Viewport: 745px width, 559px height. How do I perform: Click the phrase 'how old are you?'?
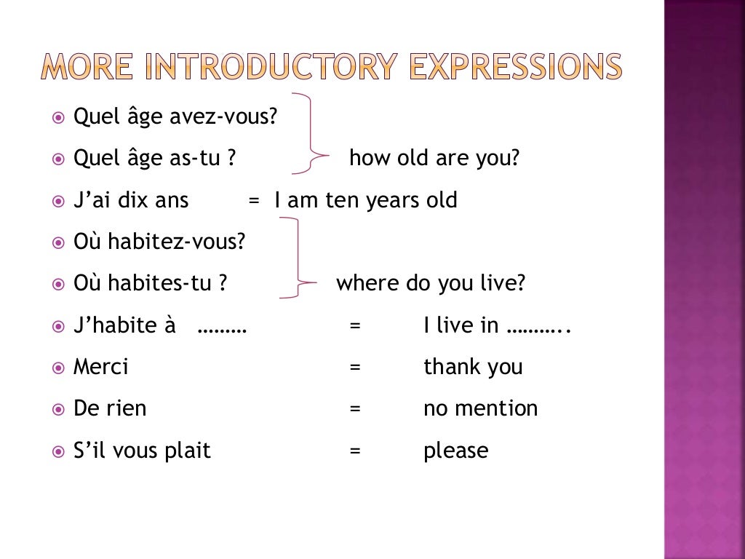click(434, 158)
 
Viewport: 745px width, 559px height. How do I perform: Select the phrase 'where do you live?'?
click(430, 283)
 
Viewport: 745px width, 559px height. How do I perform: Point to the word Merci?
click(100, 367)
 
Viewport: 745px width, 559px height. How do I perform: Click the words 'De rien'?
click(110, 408)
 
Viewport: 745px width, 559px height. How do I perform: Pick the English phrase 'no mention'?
click(480, 408)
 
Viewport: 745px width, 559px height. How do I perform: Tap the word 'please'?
click(455, 451)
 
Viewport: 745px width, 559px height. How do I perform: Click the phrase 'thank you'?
click(473, 367)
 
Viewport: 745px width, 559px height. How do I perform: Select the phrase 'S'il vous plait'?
click(142, 451)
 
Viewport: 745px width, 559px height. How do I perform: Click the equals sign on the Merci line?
click(355, 368)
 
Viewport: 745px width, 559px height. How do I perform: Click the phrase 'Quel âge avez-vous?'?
click(175, 116)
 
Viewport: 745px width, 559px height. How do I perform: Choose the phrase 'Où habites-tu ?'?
click(151, 283)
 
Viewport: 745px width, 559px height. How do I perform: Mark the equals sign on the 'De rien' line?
click(355, 409)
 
